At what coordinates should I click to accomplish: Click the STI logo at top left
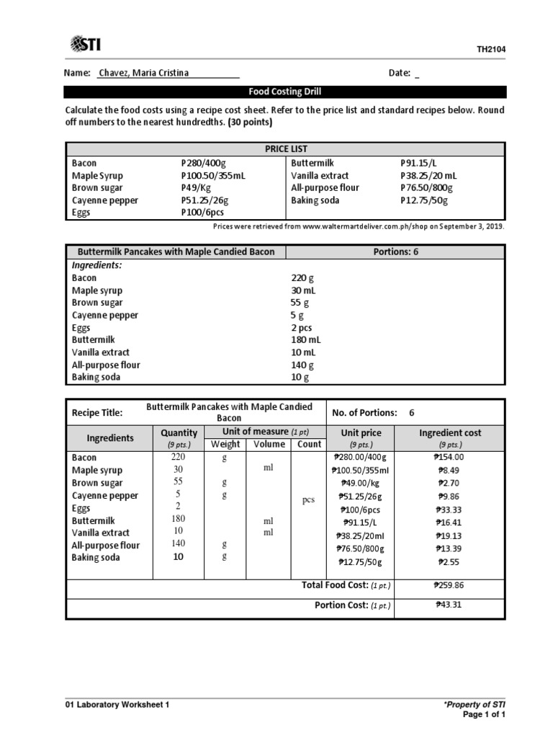coord(85,45)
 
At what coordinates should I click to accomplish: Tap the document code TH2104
coord(491,50)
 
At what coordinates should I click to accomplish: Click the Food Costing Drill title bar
coord(284,92)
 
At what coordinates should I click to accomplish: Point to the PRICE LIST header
coord(284,148)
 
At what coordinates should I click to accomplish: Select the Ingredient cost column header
coord(450,433)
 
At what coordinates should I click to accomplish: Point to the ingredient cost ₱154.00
coord(450,457)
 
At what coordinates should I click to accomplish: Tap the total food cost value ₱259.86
coord(450,586)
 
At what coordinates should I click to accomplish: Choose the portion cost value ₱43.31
coord(450,605)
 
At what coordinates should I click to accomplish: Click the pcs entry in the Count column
coord(309,500)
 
